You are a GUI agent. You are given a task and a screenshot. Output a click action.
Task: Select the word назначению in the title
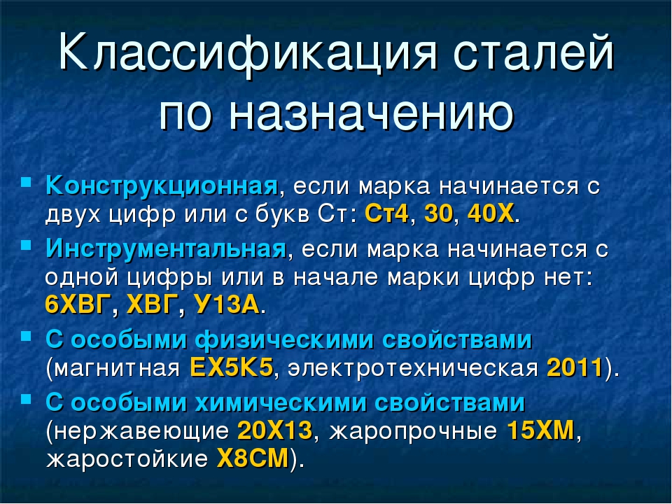point(372,113)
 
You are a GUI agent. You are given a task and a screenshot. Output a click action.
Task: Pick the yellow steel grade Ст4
point(387,213)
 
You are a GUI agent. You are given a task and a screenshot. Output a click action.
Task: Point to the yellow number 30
point(438,213)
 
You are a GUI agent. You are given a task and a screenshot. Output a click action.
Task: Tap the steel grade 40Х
point(491,213)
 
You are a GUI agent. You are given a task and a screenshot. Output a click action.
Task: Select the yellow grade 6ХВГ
point(78,304)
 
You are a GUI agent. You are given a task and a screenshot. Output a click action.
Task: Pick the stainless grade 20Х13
point(274,430)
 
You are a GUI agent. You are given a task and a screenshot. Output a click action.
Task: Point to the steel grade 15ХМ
point(540,430)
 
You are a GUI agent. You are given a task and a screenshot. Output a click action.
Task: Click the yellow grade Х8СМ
point(253,458)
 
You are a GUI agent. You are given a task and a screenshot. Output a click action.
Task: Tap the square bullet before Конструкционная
point(26,181)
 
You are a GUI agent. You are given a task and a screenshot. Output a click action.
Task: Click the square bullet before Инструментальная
point(26,244)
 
